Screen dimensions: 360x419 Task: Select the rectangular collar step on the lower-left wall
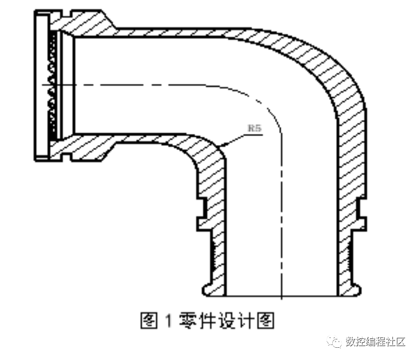(202, 214)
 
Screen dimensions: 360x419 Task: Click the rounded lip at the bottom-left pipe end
(208, 289)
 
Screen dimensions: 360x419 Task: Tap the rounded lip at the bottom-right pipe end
(355, 289)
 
